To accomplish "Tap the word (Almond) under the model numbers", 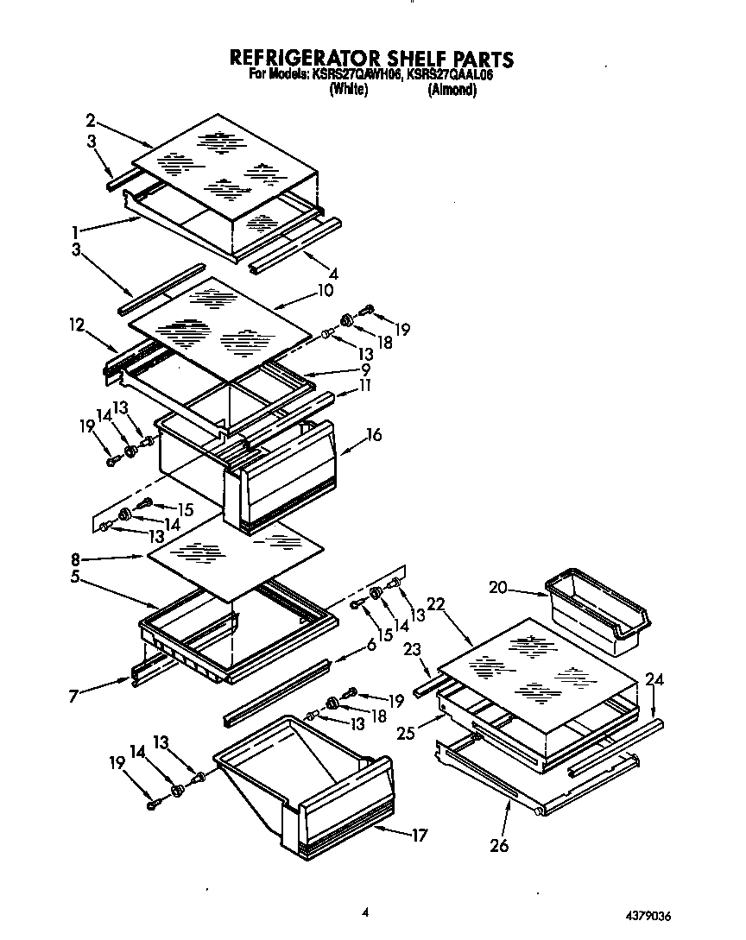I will pyautogui.click(x=452, y=89).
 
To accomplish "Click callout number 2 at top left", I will pyautogui.click(x=90, y=120).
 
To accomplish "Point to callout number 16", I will pyautogui.click(x=374, y=435).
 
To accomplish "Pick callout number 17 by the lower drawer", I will pyautogui.click(x=419, y=836).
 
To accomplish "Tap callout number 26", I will pyautogui.click(x=500, y=845).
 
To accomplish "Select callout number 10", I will pyautogui.click(x=325, y=291).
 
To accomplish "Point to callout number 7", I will pyautogui.click(x=75, y=695).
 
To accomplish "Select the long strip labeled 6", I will pyautogui.click(x=276, y=691).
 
